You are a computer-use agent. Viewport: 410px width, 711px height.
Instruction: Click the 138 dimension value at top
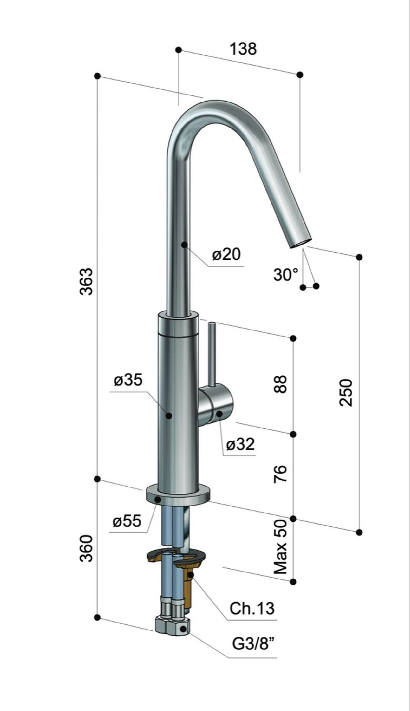pos(243,49)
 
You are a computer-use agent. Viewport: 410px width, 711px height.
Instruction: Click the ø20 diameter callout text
pos(226,254)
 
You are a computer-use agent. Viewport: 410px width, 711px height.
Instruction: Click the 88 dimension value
pos(280,384)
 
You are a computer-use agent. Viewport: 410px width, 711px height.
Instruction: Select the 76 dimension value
pos(280,474)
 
